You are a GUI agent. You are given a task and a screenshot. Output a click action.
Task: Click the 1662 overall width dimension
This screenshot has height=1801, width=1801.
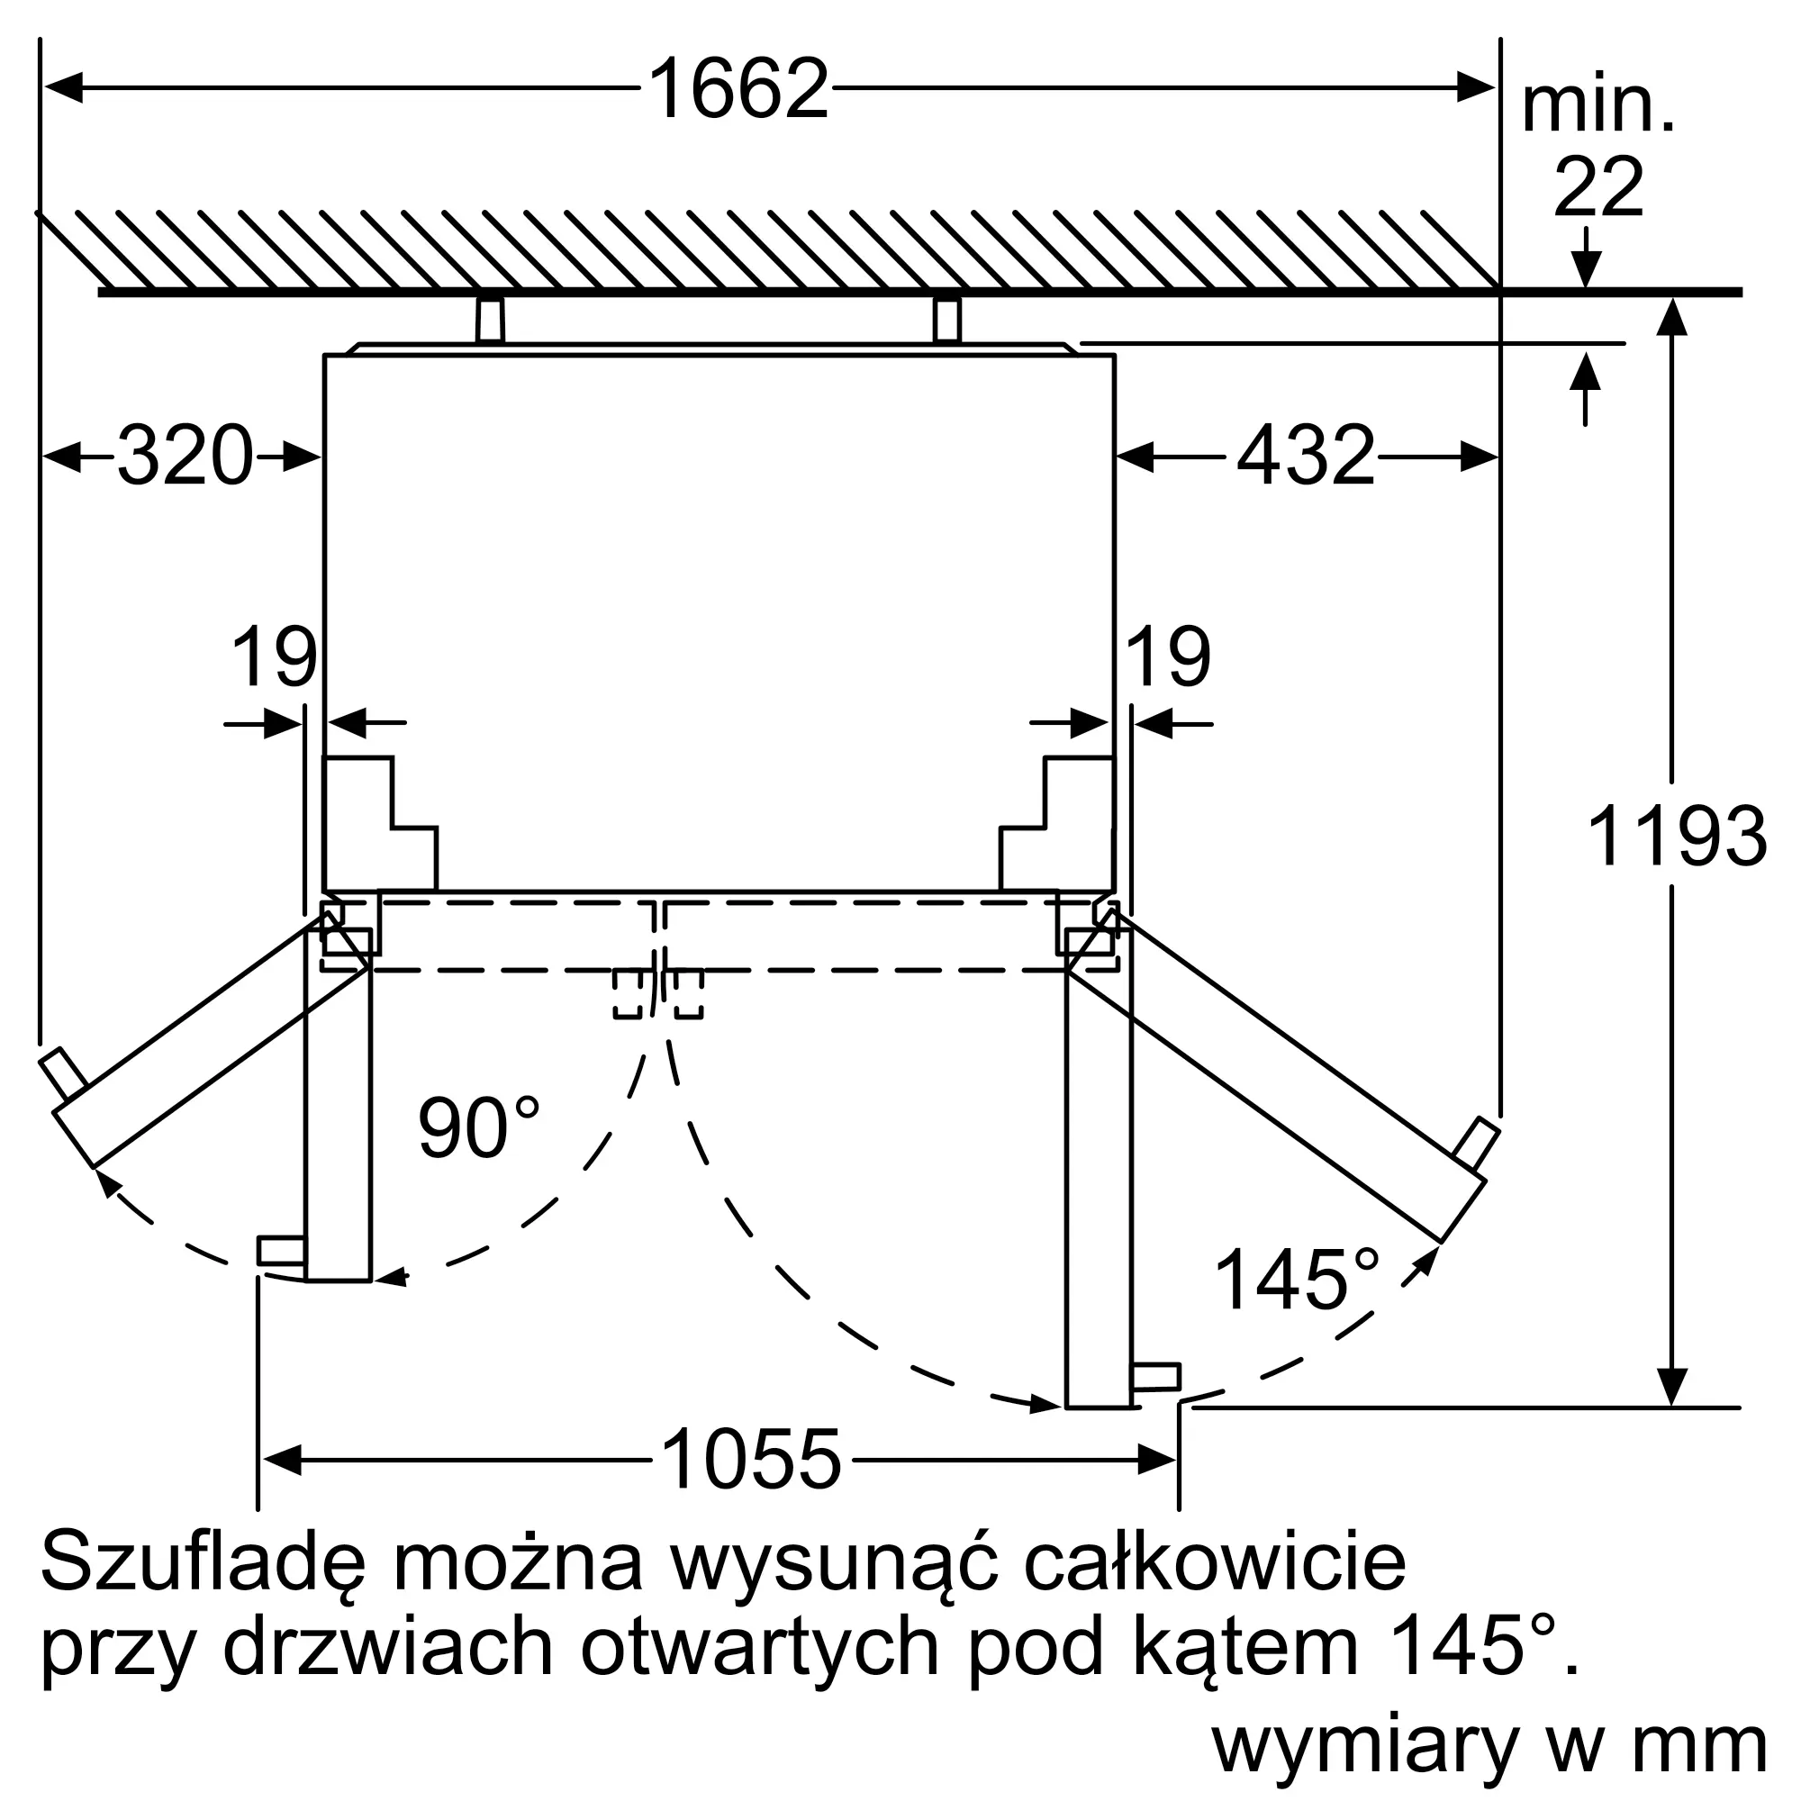(738, 89)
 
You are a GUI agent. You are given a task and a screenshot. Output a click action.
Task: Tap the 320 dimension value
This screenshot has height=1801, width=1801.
(186, 456)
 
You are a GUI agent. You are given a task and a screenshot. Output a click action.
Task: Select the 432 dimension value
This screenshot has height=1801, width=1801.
(1306, 456)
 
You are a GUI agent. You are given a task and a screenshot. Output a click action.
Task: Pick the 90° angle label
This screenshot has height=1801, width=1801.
(478, 1127)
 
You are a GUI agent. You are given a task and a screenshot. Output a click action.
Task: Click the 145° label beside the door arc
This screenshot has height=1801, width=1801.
(1297, 1280)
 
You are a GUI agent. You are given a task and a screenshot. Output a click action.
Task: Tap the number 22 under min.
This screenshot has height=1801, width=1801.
(1597, 187)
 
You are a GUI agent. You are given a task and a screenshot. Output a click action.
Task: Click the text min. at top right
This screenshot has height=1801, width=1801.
(1597, 109)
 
